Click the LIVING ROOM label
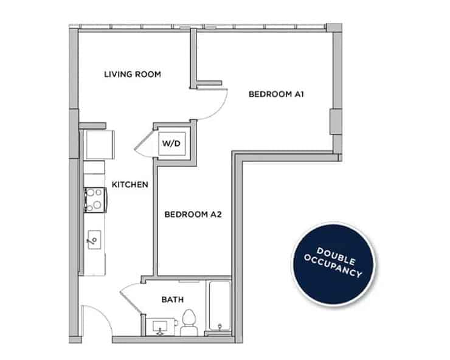(132, 74)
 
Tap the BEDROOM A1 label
(275, 95)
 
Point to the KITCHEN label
(130, 184)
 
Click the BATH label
(172, 300)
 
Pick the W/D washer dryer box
(170, 144)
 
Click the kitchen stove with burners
(94, 199)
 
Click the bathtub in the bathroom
(219, 307)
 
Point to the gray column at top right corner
(334, 27)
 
